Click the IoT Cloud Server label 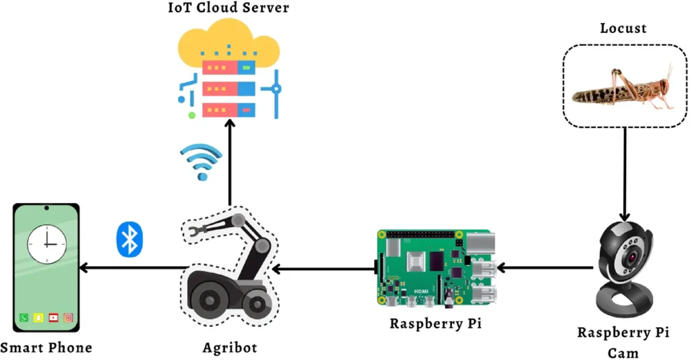coord(228,8)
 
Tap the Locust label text coord(623,28)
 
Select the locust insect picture coord(623,88)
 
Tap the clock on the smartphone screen coord(47,243)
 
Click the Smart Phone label coord(46,348)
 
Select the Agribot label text coord(230,348)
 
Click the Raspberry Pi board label coord(436,324)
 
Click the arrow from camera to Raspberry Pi coord(546,268)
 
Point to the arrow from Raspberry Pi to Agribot coord(323,268)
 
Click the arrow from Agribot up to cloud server coord(230,162)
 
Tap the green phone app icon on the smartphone coord(24,318)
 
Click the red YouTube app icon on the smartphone coord(53,318)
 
